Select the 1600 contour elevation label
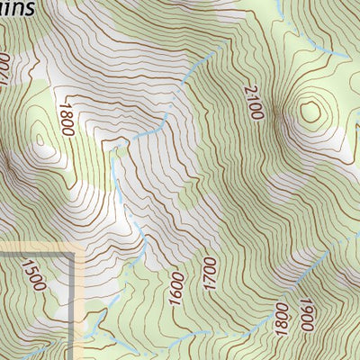point(175,289)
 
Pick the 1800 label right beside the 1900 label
point(283,317)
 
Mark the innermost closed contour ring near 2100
point(310,111)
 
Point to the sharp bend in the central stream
point(115,149)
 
